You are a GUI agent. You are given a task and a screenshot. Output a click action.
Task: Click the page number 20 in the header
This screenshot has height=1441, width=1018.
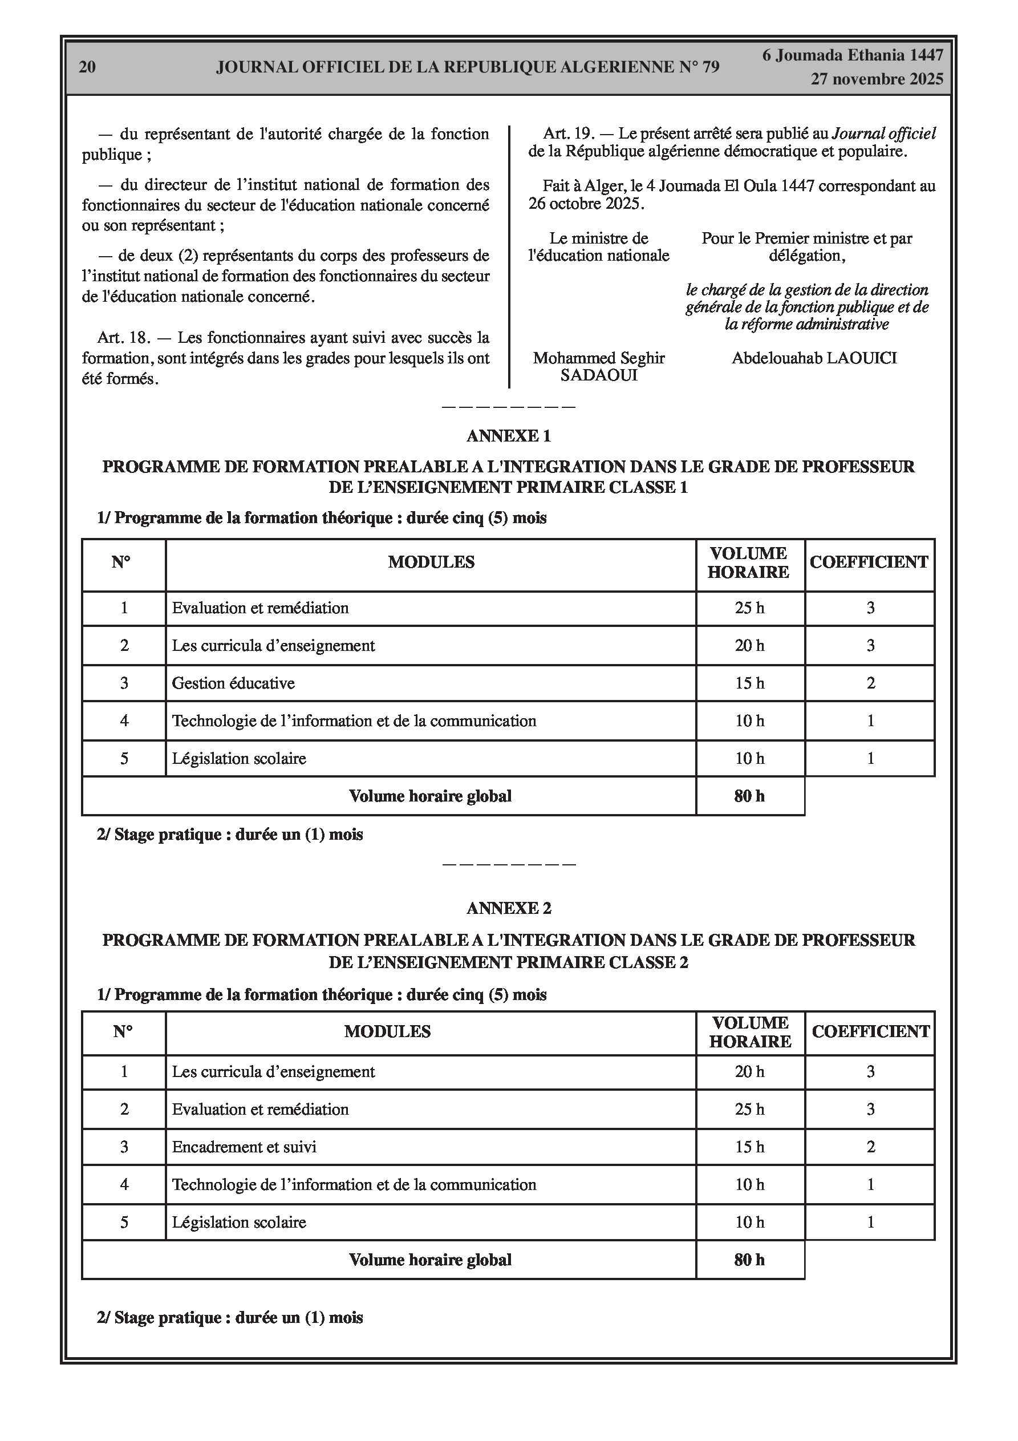(x=87, y=67)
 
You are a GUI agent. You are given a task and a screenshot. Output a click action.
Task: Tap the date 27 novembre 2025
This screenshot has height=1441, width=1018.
(x=876, y=79)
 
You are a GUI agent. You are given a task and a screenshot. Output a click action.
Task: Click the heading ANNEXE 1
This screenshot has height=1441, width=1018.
(x=508, y=436)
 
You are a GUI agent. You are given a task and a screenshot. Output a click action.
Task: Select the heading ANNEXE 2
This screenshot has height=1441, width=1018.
(x=508, y=908)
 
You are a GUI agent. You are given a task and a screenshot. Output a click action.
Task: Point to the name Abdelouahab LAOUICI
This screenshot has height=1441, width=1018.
(x=814, y=358)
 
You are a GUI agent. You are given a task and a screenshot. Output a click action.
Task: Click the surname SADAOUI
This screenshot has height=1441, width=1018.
(x=599, y=375)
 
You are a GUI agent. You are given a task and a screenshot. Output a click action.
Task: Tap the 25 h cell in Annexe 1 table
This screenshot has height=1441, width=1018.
(x=749, y=608)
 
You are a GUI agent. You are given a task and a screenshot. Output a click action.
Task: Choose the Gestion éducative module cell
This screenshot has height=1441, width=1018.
(x=233, y=683)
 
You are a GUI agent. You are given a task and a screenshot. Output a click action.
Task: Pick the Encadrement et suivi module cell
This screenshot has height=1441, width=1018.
(x=244, y=1147)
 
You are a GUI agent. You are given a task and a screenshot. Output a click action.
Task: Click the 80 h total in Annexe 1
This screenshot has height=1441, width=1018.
(x=749, y=796)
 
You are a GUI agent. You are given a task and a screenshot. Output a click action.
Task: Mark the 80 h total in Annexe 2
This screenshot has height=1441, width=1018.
(x=749, y=1260)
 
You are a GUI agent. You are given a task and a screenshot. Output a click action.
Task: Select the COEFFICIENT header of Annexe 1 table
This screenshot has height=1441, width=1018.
(x=869, y=562)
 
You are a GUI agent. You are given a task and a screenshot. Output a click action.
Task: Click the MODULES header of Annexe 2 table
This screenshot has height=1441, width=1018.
(x=387, y=1032)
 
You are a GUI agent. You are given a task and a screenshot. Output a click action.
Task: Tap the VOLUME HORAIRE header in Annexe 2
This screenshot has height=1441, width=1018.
(x=750, y=1033)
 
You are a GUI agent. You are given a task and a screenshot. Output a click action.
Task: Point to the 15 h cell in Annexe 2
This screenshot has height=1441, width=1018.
(x=749, y=1147)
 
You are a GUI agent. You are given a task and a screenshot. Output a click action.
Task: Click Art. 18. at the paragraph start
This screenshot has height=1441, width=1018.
(x=124, y=338)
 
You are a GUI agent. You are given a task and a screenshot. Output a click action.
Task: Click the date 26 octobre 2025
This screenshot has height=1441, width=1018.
(x=586, y=204)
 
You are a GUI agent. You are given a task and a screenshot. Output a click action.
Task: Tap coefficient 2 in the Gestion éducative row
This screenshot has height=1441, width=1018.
(x=870, y=683)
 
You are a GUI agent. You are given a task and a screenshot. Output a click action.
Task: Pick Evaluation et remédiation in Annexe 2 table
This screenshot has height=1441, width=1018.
(x=260, y=1110)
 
